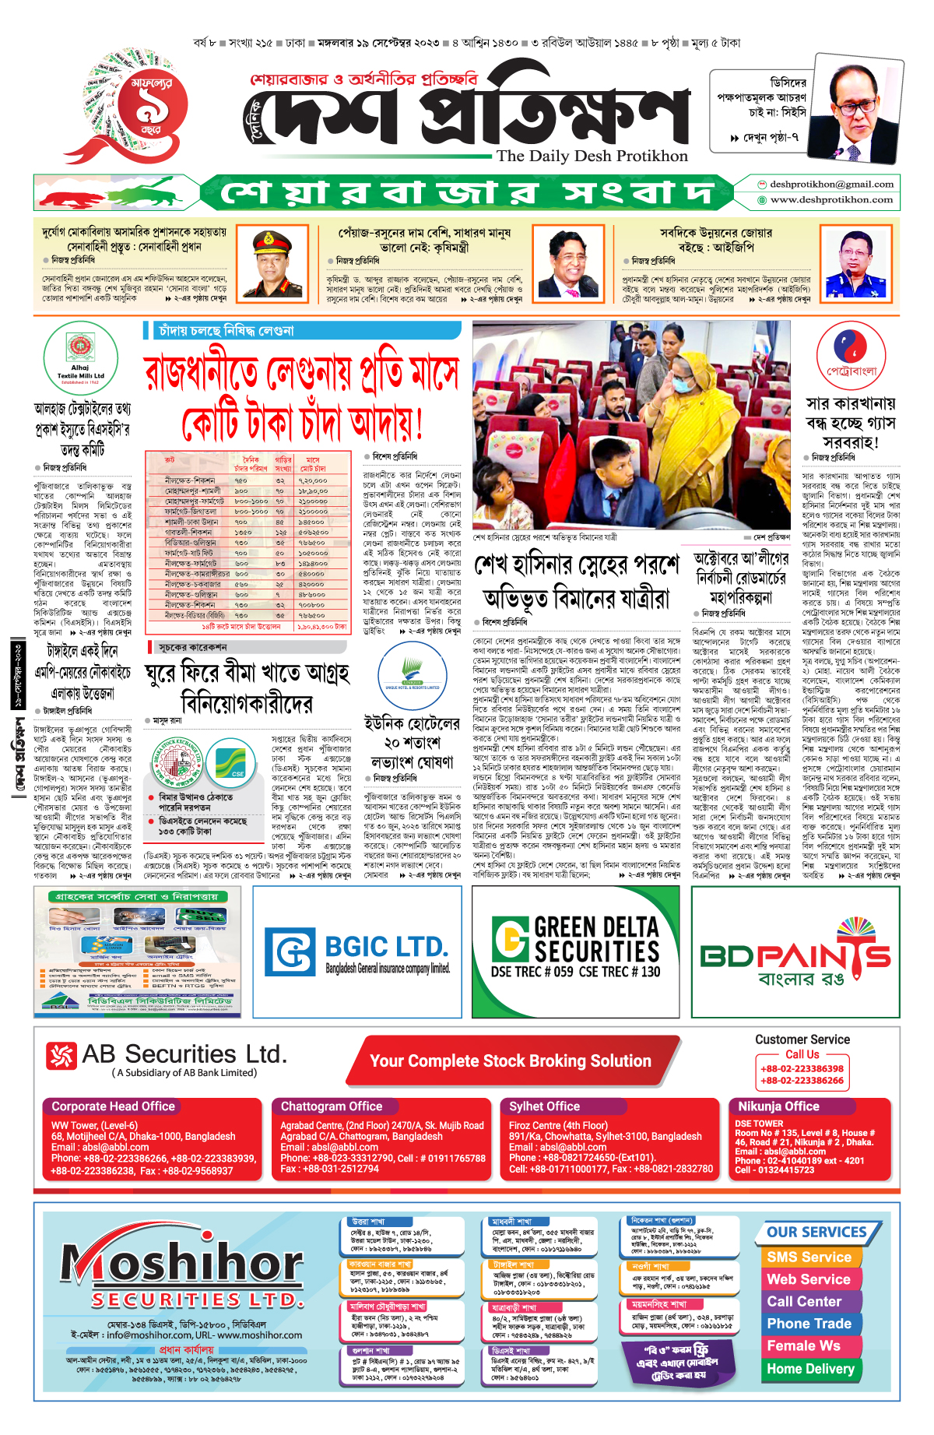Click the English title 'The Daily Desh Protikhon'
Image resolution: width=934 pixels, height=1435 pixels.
pos(592,156)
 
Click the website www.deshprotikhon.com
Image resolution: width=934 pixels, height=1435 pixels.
pos(831,200)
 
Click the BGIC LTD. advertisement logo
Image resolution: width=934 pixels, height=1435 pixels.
pos(357,951)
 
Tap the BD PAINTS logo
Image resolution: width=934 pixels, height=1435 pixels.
pos(795,956)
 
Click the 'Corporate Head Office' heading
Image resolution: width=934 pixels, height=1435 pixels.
pos(113,1106)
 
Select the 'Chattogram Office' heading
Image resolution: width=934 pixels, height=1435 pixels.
pos(332,1106)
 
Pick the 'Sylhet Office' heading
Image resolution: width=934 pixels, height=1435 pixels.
pos(544,1106)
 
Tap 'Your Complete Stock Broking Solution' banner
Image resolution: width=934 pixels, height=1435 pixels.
pos(510,1061)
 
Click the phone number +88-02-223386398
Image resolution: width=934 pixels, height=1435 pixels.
pos(802,1069)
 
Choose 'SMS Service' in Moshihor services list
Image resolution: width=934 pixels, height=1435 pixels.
pos(809,1257)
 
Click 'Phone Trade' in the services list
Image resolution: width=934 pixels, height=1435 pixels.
pos(809,1324)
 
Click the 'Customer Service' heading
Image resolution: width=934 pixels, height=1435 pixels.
pos(802,1039)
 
